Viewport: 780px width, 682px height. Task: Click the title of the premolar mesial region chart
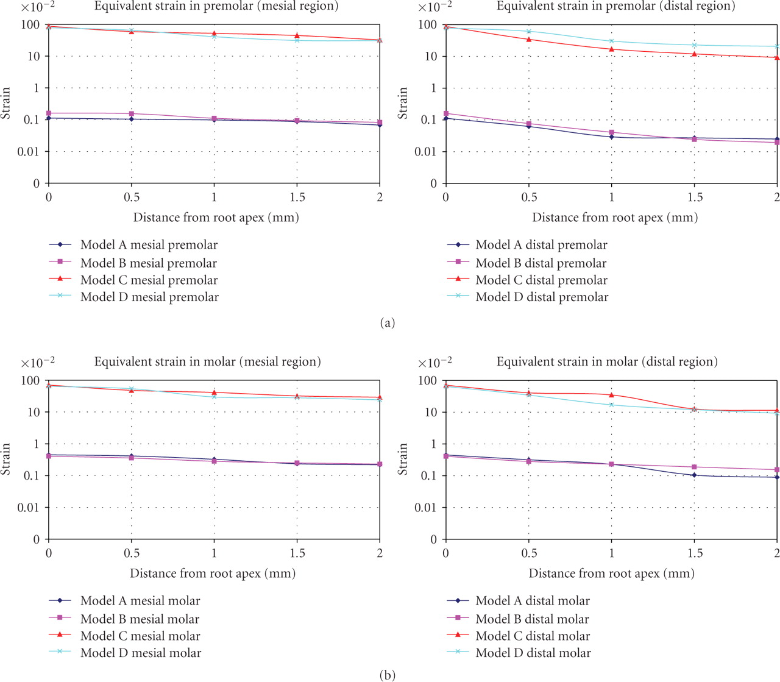pyautogui.click(x=216, y=7)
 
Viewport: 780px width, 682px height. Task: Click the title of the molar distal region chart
pyautogui.click(x=607, y=362)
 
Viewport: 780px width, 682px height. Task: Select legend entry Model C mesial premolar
pyautogui.click(x=149, y=280)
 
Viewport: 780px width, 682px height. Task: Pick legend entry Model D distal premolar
pyautogui.click(x=542, y=297)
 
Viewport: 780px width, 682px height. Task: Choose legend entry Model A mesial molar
pyautogui.click(x=140, y=601)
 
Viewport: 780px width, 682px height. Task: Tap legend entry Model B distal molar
pyautogui.click(x=532, y=619)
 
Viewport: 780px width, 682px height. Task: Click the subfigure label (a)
pyautogui.click(x=388, y=323)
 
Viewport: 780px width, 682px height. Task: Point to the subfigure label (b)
pyautogui.click(x=387, y=675)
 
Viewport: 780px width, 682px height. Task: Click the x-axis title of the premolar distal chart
pyautogui.click(x=615, y=218)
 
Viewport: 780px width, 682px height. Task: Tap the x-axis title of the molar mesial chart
pyautogui.click(x=213, y=574)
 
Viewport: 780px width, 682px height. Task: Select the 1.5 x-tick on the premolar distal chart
pyautogui.click(x=695, y=197)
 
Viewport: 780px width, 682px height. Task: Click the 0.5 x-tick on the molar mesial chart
pyautogui.click(x=132, y=553)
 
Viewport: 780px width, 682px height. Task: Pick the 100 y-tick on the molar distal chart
pyautogui.click(x=428, y=381)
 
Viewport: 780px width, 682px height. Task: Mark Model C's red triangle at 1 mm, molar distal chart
pyautogui.click(x=612, y=395)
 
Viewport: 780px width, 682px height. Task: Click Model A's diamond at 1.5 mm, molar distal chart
pyautogui.click(x=694, y=475)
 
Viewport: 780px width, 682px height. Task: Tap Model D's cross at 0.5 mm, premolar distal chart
pyautogui.click(x=529, y=32)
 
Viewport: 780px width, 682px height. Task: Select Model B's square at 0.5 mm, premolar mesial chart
pyautogui.click(x=132, y=114)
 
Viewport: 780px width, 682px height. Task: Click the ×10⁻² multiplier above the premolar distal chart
pyautogui.click(x=434, y=8)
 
